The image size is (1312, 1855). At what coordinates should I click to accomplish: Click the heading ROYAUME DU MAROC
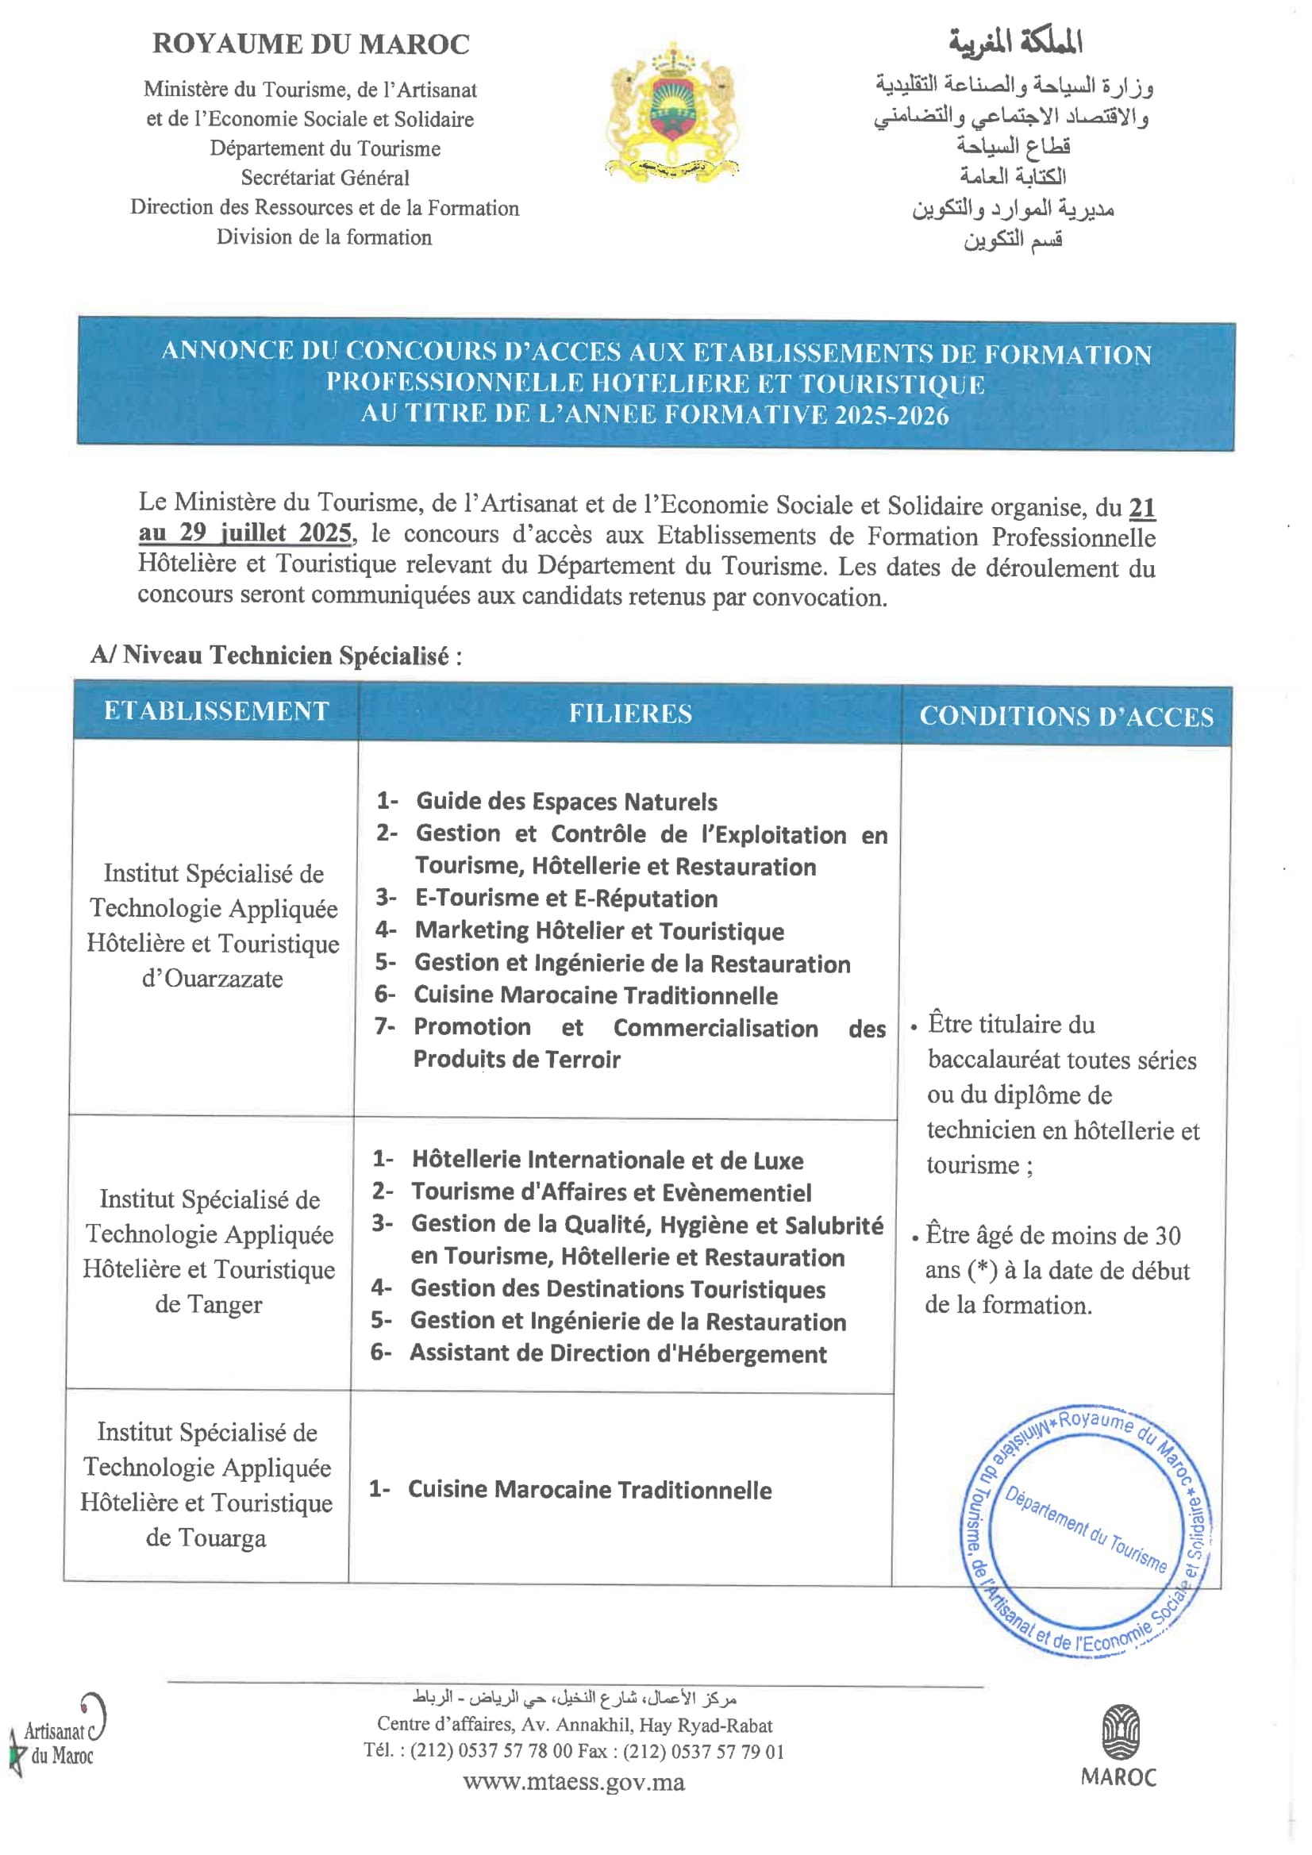tap(311, 44)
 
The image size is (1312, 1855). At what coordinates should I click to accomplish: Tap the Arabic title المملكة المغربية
tap(1015, 42)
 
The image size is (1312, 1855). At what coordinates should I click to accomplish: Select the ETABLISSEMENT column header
tap(217, 711)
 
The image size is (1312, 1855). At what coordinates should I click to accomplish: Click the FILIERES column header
tap(630, 714)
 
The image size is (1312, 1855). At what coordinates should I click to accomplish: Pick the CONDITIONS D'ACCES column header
tap(1067, 717)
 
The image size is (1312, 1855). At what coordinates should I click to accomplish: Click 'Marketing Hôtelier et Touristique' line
tap(598, 931)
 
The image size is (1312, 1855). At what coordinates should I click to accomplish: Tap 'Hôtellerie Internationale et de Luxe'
tap(606, 1160)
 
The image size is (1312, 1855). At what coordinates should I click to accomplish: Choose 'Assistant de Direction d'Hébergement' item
tap(618, 1353)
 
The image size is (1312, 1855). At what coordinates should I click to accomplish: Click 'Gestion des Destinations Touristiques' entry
tap(618, 1288)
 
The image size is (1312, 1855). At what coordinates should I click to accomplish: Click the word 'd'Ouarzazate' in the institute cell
tap(213, 979)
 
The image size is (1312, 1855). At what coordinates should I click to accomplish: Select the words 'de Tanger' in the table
tap(209, 1304)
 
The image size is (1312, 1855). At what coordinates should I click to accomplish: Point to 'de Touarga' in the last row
tap(206, 1537)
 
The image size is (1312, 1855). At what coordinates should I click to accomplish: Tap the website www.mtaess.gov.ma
tap(574, 1781)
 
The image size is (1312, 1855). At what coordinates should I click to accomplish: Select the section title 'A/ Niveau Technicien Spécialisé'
tap(275, 655)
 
